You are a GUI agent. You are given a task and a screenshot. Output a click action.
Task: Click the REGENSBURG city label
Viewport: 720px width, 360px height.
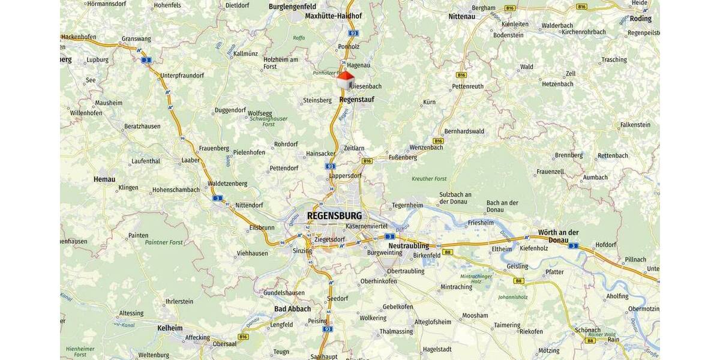click(x=334, y=215)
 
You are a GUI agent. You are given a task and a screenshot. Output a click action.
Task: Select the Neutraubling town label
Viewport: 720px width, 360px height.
click(x=409, y=246)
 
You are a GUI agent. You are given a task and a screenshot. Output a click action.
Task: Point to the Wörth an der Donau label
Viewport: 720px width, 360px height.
click(x=558, y=236)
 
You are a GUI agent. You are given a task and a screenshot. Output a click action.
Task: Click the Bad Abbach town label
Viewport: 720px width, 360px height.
click(x=292, y=309)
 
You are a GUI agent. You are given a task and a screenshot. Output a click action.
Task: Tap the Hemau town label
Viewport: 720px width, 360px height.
click(x=104, y=179)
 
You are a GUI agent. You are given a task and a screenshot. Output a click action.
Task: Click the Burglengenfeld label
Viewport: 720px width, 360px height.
click(x=292, y=6)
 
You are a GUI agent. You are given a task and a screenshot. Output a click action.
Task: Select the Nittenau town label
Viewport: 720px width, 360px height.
click(x=461, y=16)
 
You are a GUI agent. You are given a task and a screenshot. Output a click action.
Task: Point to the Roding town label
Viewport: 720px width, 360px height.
click(x=640, y=19)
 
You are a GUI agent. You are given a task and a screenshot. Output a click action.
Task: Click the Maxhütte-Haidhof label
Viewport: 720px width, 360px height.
click(x=334, y=16)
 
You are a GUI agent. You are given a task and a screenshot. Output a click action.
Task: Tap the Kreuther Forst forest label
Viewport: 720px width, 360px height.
click(x=430, y=179)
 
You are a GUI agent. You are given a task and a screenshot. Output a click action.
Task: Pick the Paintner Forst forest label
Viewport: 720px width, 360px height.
click(x=163, y=242)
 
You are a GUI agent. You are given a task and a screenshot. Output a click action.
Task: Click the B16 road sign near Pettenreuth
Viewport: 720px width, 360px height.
click(x=461, y=75)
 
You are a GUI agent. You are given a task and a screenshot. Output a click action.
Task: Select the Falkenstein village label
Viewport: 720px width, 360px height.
click(x=635, y=125)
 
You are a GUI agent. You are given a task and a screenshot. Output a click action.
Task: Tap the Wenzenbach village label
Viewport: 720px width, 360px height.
click(x=425, y=147)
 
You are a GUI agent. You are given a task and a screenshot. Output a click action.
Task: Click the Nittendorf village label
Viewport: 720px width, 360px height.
click(x=249, y=205)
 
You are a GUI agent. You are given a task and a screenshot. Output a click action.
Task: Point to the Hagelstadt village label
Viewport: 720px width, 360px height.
click(x=437, y=349)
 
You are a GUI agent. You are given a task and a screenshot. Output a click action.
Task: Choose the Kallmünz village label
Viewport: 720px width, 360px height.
click(x=245, y=53)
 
